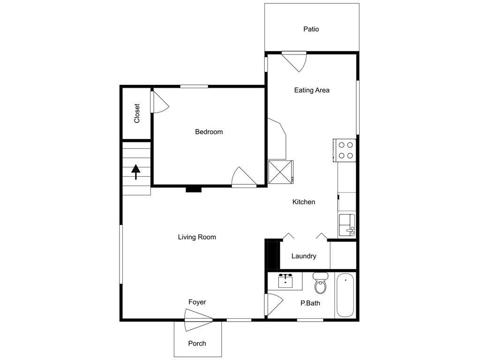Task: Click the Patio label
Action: click(311, 29)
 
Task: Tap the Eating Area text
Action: click(312, 90)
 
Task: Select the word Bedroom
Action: click(209, 132)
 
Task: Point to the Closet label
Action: click(137, 113)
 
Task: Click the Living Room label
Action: click(197, 237)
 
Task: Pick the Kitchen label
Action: click(304, 202)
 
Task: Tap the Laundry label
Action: click(304, 256)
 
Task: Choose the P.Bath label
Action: click(310, 303)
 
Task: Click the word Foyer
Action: click(197, 302)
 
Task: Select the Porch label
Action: click(197, 344)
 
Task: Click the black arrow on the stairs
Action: click(136, 172)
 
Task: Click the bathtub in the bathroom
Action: click(345, 296)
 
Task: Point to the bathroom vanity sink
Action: click(285, 280)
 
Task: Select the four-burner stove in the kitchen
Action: click(346, 150)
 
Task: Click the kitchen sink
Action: click(347, 225)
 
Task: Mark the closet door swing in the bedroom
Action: click(158, 103)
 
